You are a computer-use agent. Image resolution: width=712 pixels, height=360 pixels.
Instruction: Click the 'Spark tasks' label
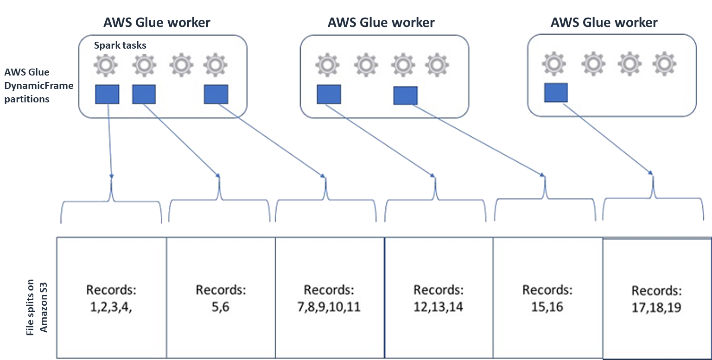tap(120, 45)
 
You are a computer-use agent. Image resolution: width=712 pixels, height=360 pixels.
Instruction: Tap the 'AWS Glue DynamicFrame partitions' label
tap(38, 86)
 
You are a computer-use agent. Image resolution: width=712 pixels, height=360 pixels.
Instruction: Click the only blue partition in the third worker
tap(556, 93)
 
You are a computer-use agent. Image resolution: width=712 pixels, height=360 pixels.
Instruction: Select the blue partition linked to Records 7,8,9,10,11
tap(216, 94)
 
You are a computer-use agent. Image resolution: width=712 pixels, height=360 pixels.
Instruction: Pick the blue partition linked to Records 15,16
tap(405, 95)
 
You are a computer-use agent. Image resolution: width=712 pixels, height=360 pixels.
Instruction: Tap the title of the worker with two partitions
tap(381, 22)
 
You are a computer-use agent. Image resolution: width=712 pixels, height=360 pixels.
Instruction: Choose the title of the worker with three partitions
tap(158, 22)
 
